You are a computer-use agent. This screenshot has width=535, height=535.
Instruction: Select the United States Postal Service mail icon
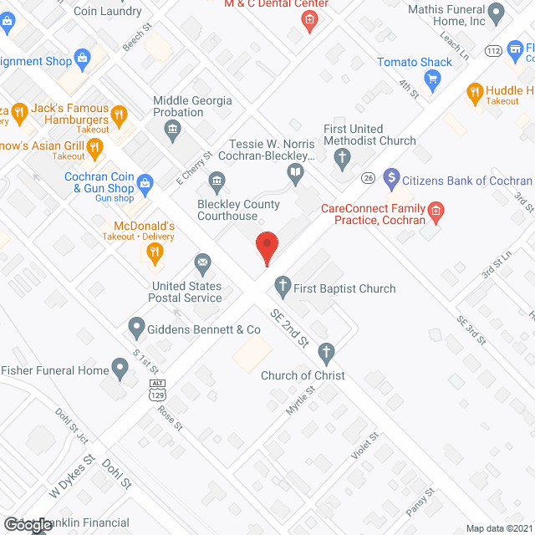[x=202, y=265]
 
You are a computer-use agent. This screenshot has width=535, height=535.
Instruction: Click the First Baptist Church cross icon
[x=283, y=288]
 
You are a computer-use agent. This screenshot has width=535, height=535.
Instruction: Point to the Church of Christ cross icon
[x=325, y=352]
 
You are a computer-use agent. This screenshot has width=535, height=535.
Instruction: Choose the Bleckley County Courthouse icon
[x=217, y=181]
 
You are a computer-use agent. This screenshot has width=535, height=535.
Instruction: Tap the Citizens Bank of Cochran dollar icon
[x=390, y=180]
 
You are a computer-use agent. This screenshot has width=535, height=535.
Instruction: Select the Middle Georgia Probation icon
[x=173, y=128]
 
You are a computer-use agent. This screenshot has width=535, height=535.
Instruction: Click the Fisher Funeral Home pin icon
[x=121, y=371]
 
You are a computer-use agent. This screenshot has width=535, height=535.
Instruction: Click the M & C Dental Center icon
[x=309, y=20]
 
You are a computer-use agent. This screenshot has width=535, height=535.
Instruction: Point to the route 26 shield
[x=368, y=176]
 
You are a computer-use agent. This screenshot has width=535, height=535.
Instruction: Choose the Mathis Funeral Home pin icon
[x=496, y=13]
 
